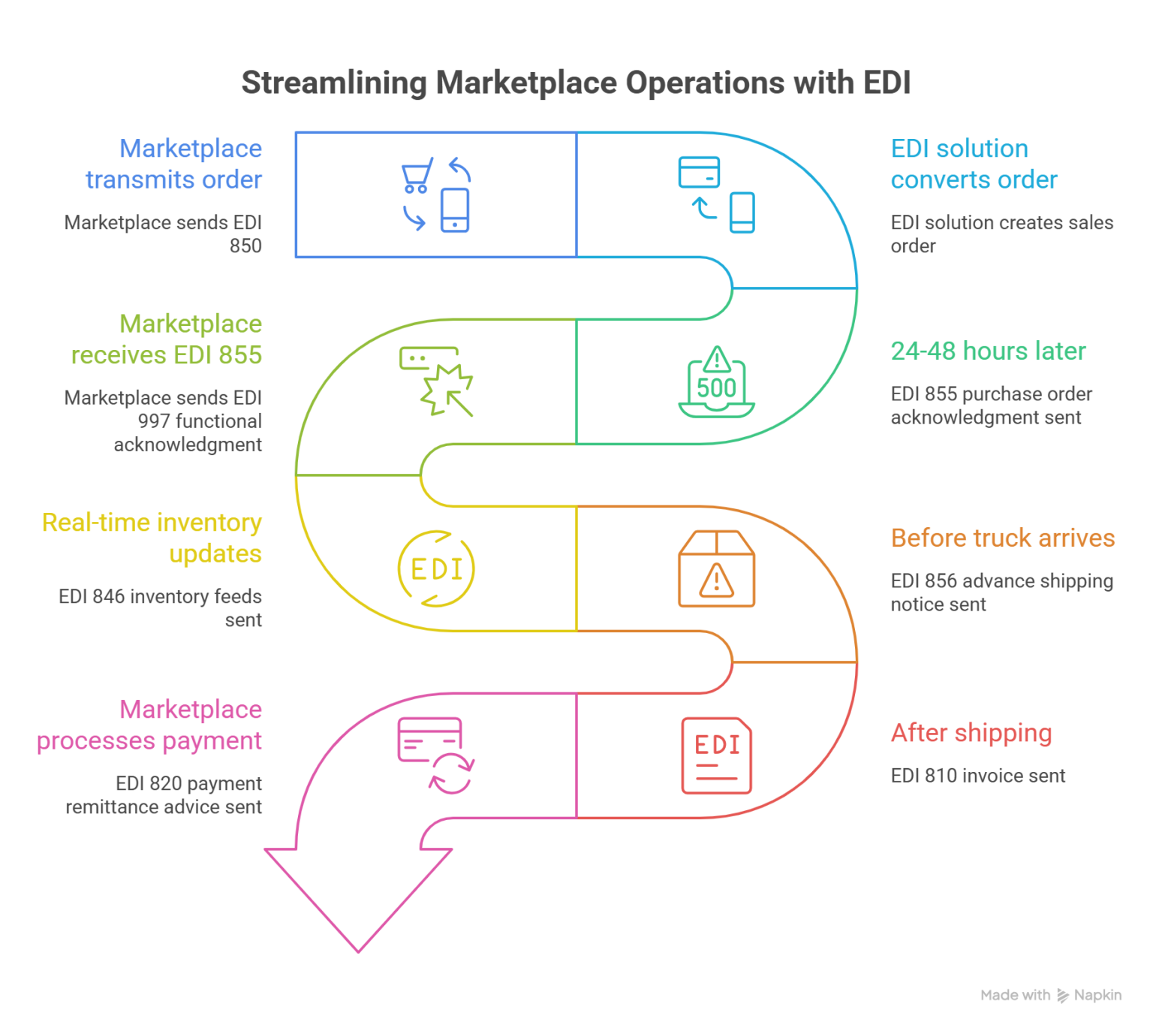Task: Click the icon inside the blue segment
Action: click(x=435, y=207)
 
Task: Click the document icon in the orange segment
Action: click(x=721, y=574)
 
